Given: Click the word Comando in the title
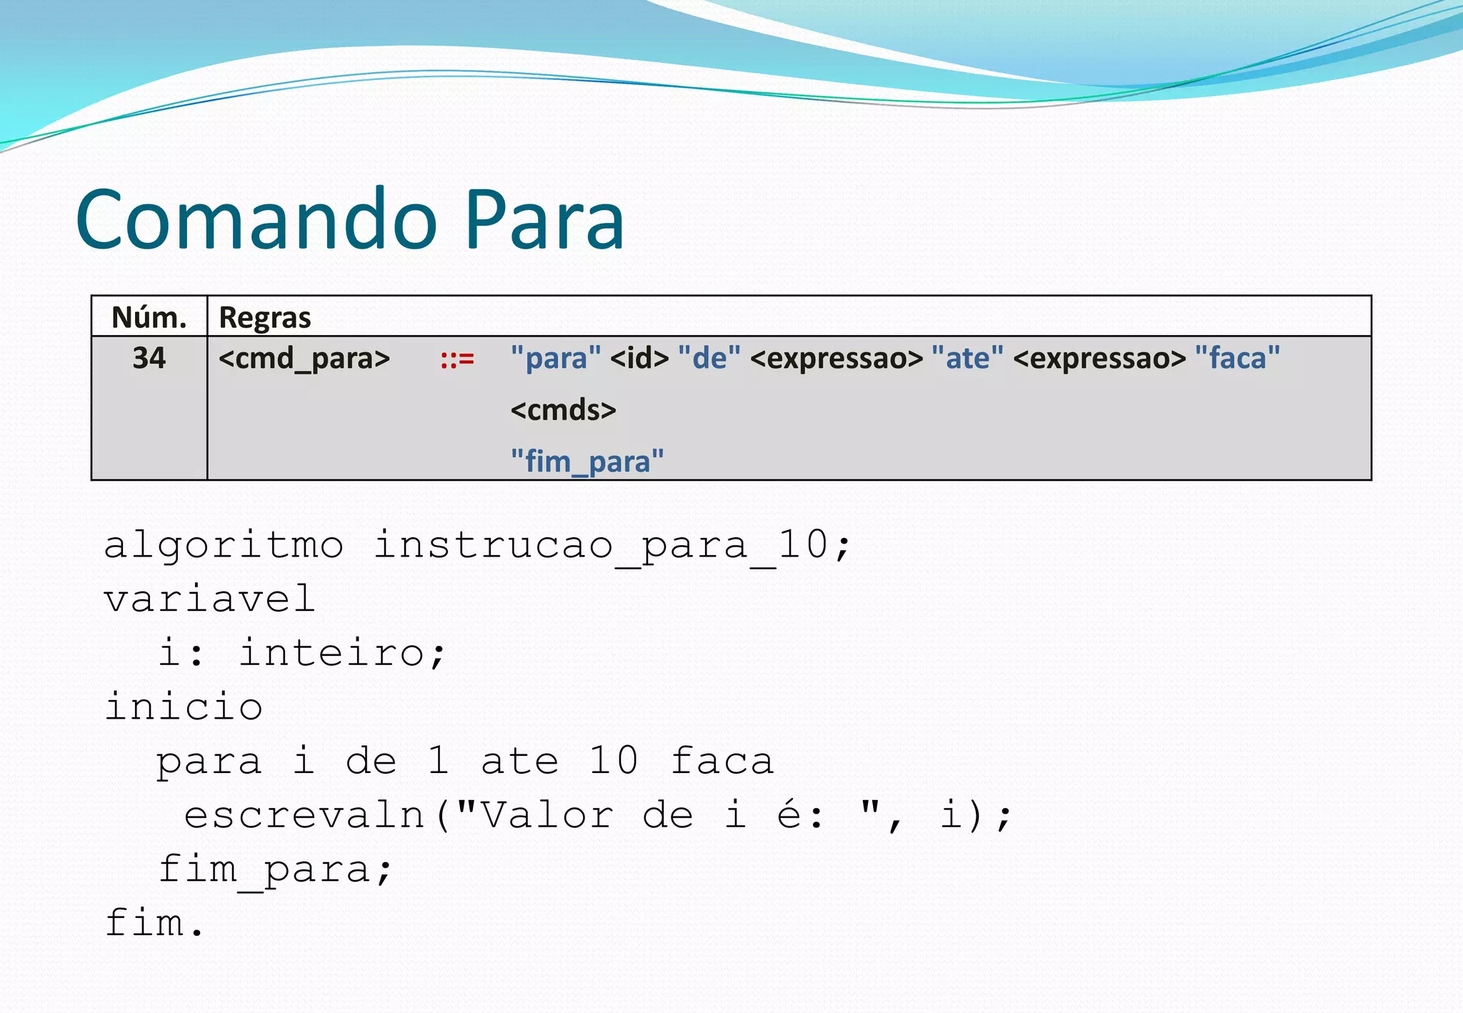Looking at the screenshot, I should [x=256, y=219].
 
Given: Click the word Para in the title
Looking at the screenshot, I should [x=544, y=219].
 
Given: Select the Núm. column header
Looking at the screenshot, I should [x=149, y=317].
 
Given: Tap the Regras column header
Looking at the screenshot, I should [x=264, y=317].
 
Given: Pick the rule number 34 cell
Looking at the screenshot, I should [x=149, y=358].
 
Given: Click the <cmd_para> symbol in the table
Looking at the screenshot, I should [x=304, y=358].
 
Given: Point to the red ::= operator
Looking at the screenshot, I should [x=457, y=359].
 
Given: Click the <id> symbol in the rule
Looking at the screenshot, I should [x=639, y=358].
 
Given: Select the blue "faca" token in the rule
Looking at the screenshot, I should [x=1237, y=358].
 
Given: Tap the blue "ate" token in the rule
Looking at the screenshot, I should [x=967, y=358].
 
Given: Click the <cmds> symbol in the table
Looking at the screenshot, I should [x=563, y=410].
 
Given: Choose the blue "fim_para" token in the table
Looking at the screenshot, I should [x=587, y=461].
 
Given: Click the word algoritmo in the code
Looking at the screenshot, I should [x=224, y=546].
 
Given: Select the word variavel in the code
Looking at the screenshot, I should [x=209, y=599].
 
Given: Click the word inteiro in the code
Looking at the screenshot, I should [x=332, y=653].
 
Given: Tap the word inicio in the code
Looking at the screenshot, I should [x=184, y=707].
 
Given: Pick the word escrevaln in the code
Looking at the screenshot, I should [x=304, y=815].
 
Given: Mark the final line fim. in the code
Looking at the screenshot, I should [x=154, y=923].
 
